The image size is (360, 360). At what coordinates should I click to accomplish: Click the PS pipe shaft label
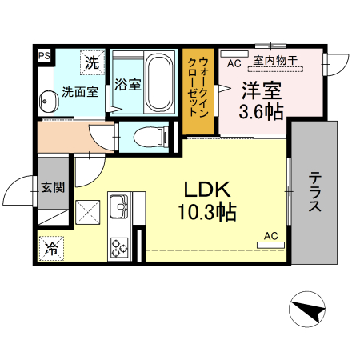coord(43,55)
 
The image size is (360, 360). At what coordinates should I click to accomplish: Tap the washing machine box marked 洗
coord(92,62)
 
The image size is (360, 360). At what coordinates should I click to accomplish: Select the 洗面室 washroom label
coord(80,91)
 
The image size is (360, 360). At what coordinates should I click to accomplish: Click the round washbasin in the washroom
coord(48,102)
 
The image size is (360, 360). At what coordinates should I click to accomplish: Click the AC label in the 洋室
coord(234,62)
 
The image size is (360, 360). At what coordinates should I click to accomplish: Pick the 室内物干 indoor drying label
coord(275,61)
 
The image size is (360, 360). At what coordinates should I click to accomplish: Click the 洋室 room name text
coord(260,89)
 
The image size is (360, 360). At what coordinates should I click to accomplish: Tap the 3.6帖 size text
coord(261,111)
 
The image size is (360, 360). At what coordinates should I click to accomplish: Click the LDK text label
coord(208,190)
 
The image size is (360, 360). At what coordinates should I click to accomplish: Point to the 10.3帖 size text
coord(207,212)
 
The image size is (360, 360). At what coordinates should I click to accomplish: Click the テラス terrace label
coord(316,193)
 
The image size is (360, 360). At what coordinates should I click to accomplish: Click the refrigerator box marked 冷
coord(52,249)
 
